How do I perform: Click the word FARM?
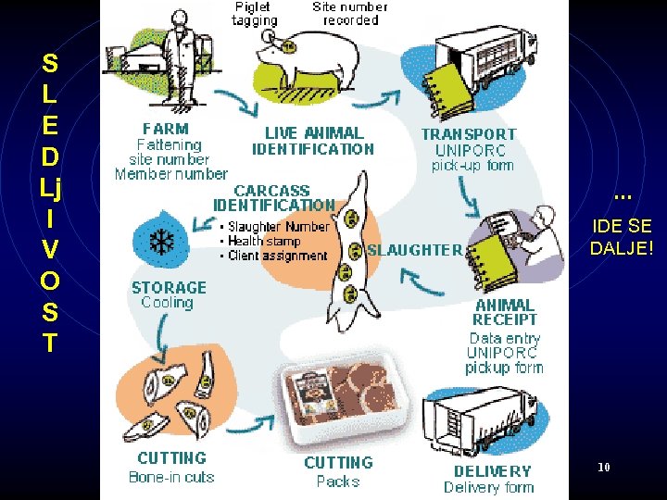[166, 129]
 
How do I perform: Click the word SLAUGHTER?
[414, 249]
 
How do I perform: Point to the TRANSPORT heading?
[469, 133]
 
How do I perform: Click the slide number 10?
[603, 468]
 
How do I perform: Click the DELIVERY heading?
[493, 470]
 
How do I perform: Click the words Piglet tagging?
[254, 13]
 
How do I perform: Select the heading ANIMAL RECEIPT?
[506, 312]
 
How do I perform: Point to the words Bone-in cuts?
[171, 478]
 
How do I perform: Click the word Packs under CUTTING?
[338, 481]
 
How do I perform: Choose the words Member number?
[170, 173]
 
